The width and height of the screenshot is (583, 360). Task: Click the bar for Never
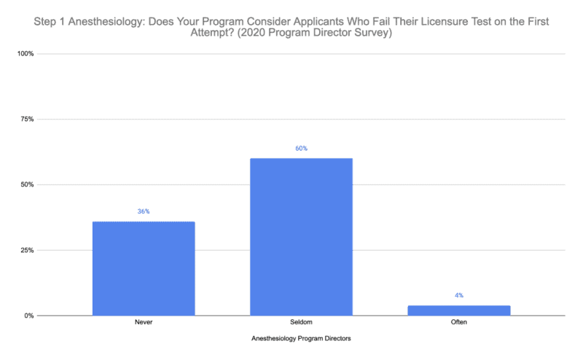(144, 268)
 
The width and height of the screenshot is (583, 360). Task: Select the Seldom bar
(301, 237)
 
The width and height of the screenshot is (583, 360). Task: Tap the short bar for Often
(458, 310)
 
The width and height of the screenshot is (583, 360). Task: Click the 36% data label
(144, 211)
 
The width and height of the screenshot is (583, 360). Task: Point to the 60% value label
(301, 149)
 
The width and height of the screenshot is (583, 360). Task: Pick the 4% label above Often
(458, 295)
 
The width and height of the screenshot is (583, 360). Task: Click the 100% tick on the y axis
(25, 54)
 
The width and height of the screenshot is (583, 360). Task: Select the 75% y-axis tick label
(26, 120)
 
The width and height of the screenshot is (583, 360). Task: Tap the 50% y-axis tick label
(26, 185)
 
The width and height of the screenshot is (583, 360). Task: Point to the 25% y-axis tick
(26, 251)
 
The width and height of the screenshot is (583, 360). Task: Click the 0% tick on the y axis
(28, 316)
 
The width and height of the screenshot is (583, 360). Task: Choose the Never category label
(144, 322)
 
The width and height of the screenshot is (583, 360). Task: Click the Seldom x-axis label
(301, 322)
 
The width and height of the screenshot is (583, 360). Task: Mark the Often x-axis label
(458, 322)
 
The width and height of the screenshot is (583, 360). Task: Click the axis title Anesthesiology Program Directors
(301, 338)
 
